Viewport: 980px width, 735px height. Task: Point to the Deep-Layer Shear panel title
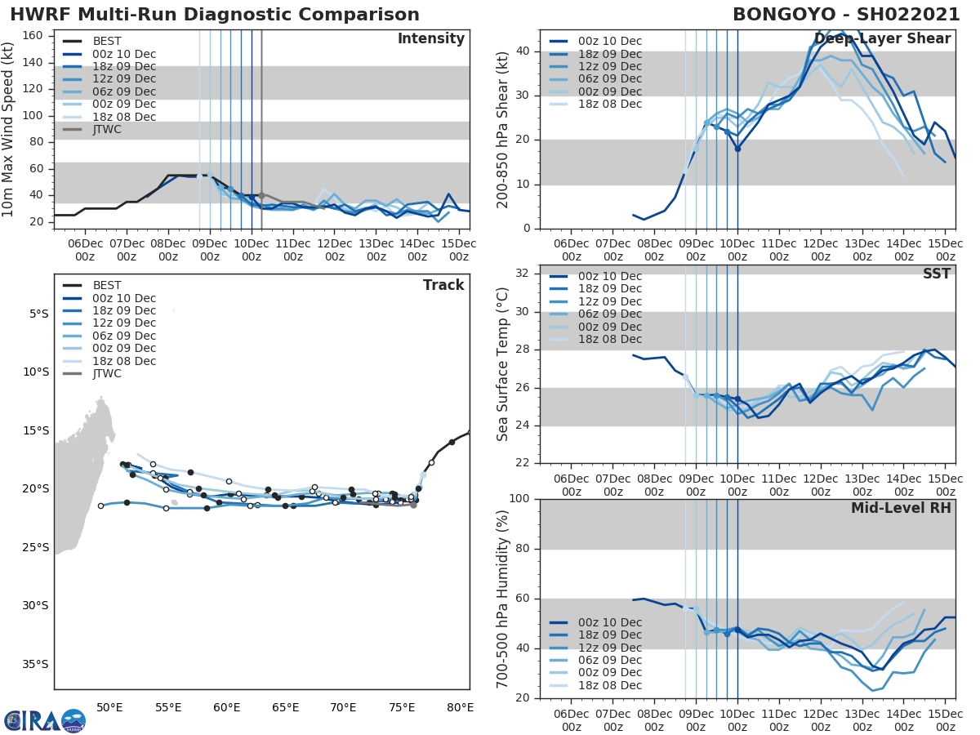click(882, 39)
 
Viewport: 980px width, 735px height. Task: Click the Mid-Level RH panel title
click(901, 508)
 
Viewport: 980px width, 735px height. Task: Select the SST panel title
click(935, 274)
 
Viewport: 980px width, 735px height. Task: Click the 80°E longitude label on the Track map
click(460, 707)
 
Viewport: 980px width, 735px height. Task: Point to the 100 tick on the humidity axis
click(519, 499)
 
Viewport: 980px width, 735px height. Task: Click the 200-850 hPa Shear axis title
click(503, 129)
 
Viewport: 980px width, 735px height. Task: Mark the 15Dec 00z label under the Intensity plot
click(459, 250)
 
